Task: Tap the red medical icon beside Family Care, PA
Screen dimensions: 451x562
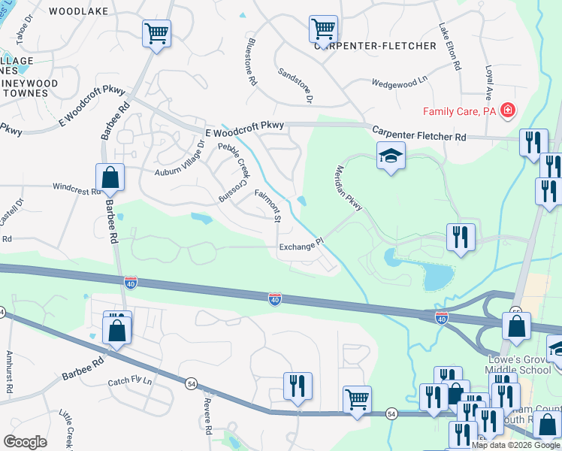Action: [508, 111]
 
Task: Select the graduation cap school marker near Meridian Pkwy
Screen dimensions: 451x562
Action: [391, 156]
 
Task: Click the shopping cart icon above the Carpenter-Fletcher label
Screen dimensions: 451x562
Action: [322, 30]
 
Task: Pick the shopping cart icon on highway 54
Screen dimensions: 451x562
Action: [357, 398]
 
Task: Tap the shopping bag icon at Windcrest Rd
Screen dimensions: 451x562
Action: [110, 178]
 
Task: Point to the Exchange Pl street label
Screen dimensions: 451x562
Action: [300, 245]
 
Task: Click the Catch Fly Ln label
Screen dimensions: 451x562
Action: [129, 382]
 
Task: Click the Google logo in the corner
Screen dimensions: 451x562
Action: [25, 441]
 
